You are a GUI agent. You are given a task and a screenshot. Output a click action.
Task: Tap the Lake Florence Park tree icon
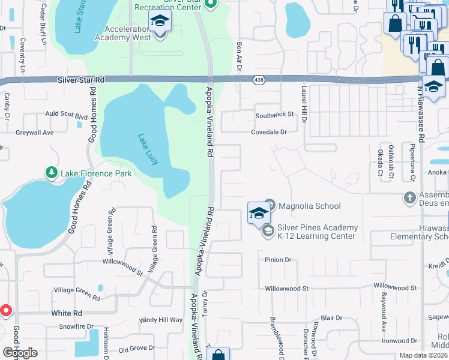coord(52,173)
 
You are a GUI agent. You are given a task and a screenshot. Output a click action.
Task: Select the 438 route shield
coord(259,80)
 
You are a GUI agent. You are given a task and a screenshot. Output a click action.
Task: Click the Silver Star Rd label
coord(82,80)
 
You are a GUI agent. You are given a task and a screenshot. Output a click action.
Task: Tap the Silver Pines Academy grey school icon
coord(268,230)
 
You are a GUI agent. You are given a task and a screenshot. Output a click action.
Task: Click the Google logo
coord(20,353)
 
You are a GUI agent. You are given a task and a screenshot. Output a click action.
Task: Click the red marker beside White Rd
coord(6,311)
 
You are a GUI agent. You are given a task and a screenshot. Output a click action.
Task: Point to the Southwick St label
coord(274,114)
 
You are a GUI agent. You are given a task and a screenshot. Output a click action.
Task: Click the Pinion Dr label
coord(278,260)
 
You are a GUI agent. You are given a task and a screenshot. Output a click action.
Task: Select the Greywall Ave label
coord(35,132)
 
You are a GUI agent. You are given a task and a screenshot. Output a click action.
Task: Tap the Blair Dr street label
coord(331,317)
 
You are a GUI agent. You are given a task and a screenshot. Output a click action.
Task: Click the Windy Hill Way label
coord(160,320)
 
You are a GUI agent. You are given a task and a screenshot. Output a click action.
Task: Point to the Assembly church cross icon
coord(409,197)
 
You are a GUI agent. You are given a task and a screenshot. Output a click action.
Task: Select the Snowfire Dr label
coord(77,326)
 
